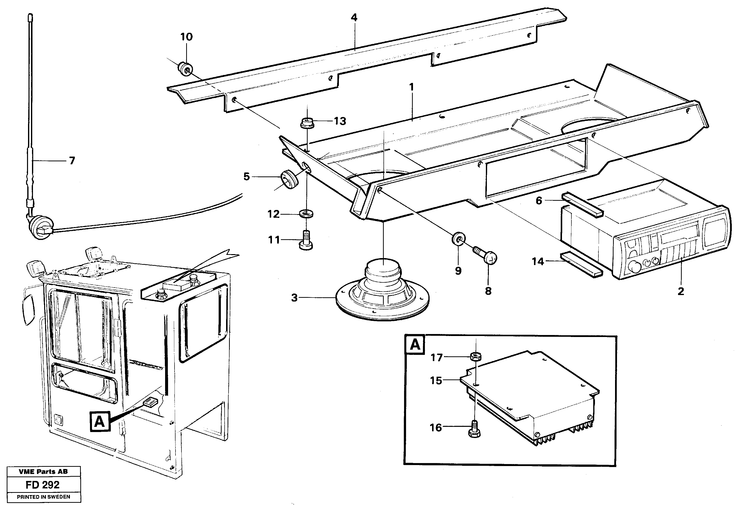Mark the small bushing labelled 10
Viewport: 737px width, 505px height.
tap(185, 69)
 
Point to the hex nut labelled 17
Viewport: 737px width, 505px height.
tap(476, 356)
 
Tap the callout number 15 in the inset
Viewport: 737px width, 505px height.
tap(436, 380)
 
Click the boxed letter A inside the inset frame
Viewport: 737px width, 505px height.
tap(415, 345)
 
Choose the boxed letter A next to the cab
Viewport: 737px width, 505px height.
tap(100, 422)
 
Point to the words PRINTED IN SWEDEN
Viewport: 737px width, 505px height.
tap(43, 497)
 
